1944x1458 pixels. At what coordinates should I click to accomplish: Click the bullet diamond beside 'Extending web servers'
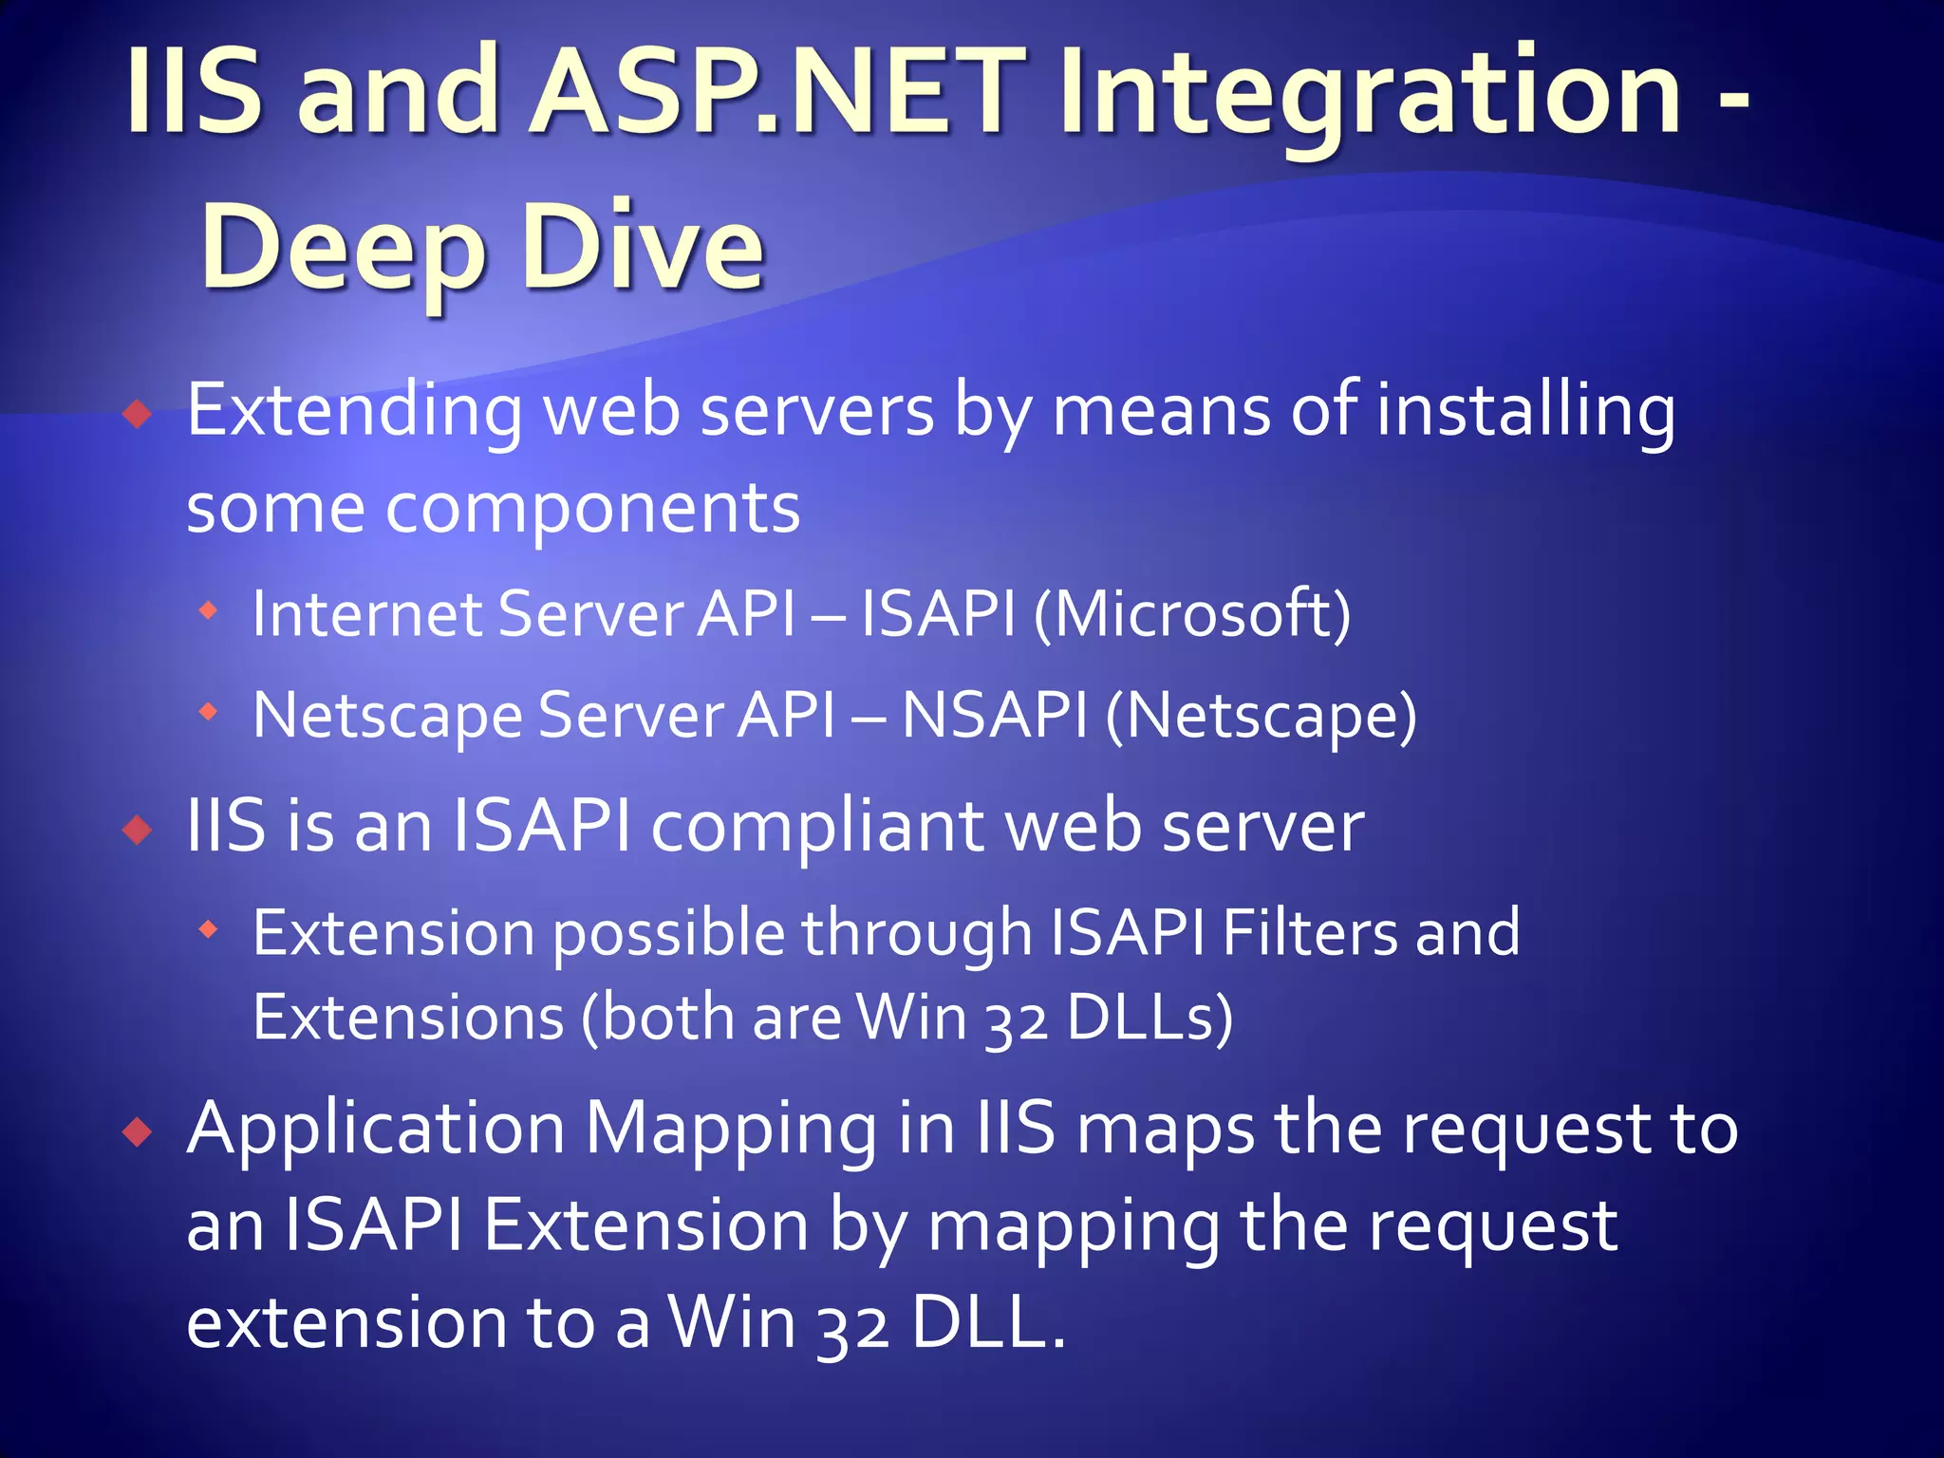pyautogui.click(x=139, y=414)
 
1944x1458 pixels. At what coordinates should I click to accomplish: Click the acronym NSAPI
pyautogui.click(x=994, y=714)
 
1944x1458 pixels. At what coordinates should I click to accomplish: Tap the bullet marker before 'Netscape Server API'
pyautogui.click(x=208, y=711)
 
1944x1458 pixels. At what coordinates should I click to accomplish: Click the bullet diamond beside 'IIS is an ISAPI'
pyautogui.click(x=139, y=830)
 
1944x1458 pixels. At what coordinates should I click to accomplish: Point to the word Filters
pyautogui.click(x=1309, y=931)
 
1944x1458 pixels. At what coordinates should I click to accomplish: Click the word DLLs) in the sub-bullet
pyautogui.click(x=1150, y=1017)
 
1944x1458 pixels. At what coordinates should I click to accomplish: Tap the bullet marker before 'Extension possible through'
pyautogui.click(x=208, y=929)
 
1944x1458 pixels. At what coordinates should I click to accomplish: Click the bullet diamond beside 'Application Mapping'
pyautogui.click(x=139, y=1131)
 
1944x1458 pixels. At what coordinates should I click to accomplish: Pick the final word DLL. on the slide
pyautogui.click(x=988, y=1322)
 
